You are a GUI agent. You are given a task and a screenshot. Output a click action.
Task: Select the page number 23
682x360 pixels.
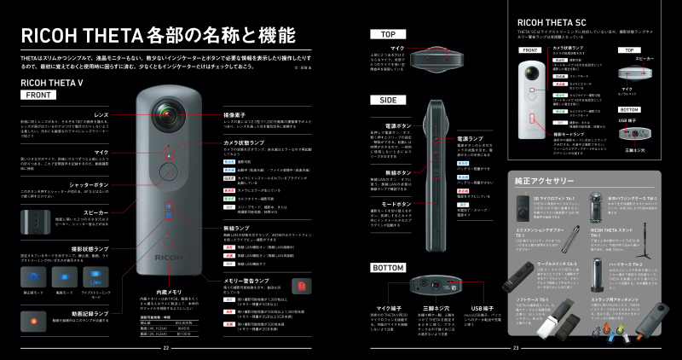coord(516,347)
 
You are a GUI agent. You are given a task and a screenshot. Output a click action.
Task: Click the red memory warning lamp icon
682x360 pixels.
coord(298,284)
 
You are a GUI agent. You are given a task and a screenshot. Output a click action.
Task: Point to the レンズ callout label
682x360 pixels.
coord(101,113)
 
